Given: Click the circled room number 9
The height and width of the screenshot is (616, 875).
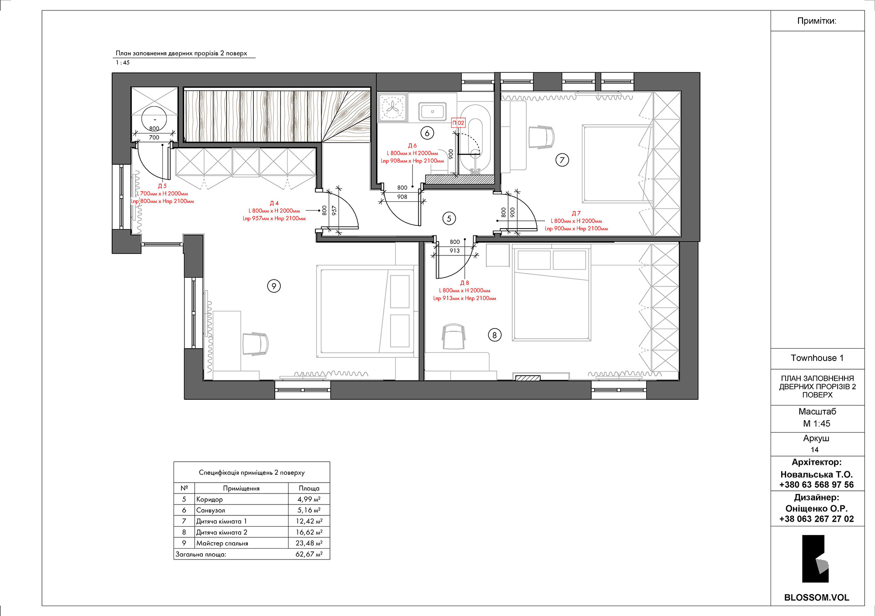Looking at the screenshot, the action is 274,286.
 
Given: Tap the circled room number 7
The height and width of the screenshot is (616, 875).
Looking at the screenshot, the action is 562,160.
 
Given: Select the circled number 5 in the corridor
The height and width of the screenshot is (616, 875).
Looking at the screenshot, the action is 449,219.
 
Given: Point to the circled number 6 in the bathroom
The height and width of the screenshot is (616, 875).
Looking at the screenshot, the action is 427,133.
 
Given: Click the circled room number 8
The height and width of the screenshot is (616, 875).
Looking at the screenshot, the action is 494,335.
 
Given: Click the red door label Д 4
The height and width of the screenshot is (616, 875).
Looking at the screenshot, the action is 274,203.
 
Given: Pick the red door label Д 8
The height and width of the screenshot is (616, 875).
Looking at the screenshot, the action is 464,283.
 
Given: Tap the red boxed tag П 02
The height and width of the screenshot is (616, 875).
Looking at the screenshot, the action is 458,123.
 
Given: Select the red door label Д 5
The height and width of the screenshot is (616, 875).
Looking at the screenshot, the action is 162,186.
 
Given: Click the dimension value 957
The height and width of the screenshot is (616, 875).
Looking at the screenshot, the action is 334,210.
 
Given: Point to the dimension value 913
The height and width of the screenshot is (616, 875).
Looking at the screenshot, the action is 454,250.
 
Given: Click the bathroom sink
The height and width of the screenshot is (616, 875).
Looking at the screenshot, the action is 432,111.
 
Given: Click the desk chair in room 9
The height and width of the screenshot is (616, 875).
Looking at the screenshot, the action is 255,344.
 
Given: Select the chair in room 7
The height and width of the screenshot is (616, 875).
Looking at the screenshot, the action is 541,137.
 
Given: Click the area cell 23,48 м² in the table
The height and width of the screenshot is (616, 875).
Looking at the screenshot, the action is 309,543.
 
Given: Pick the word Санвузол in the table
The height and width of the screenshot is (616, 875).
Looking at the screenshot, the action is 211,510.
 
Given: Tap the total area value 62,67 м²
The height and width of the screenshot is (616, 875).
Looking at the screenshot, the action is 309,554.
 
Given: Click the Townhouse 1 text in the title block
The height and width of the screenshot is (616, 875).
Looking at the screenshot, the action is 817,358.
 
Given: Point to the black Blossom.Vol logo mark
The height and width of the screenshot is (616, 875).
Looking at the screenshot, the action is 815,559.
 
